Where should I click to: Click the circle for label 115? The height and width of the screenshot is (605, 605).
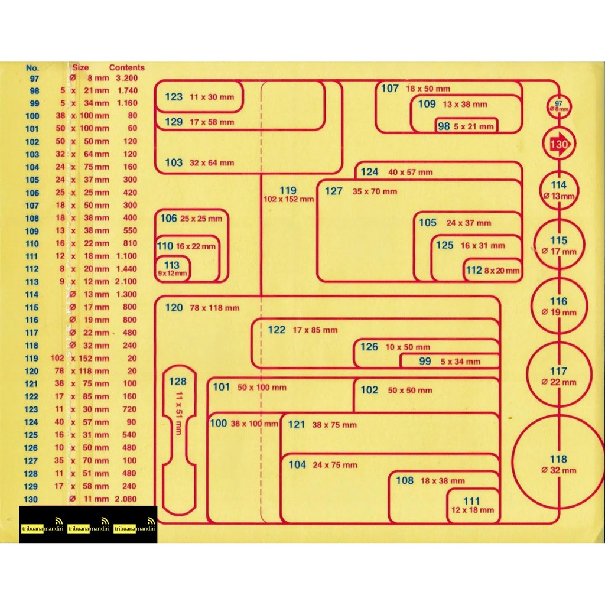[x=559, y=245]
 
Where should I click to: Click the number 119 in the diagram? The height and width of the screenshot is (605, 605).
[x=288, y=190]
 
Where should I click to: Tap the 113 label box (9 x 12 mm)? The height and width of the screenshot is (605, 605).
[x=173, y=269]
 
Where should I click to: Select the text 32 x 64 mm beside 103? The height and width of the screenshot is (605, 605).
[x=212, y=162]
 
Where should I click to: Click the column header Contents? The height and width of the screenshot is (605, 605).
[x=126, y=67]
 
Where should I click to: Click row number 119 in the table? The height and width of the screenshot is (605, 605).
[x=32, y=358]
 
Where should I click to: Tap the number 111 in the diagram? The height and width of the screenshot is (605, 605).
[x=471, y=501]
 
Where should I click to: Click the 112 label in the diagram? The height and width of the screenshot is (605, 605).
[x=474, y=270]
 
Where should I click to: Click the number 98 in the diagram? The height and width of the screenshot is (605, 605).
[x=444, y=126]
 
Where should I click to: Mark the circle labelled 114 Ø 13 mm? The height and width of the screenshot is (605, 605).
[x=558, y=190]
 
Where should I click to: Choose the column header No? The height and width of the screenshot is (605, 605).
[x=32, y=67]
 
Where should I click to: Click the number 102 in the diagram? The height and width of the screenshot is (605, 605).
[x=369, y=389]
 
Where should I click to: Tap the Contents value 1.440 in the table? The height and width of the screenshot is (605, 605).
[x=126, y=269]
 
